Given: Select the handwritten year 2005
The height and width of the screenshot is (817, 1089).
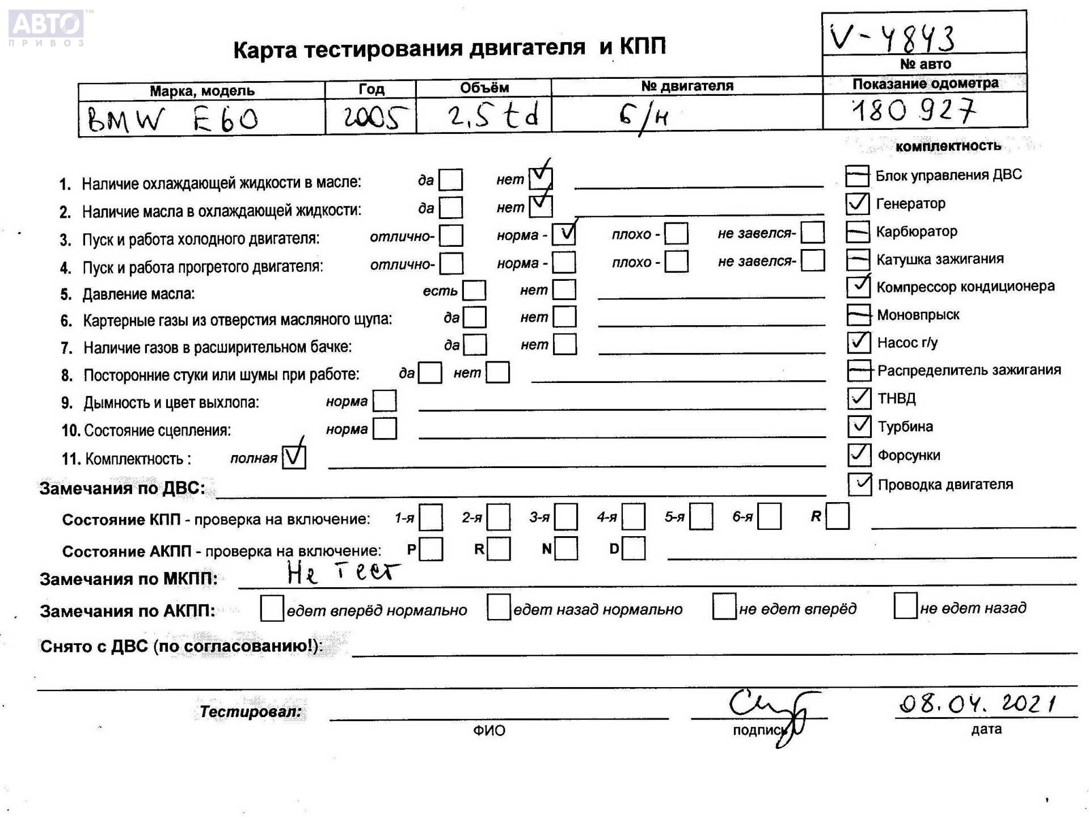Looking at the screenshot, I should point(375,117).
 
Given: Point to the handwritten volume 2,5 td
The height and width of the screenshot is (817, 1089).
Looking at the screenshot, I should point(492,116).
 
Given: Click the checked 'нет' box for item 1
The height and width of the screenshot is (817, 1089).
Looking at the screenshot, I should point(540,179).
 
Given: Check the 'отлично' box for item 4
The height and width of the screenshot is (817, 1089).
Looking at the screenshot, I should point(451,263).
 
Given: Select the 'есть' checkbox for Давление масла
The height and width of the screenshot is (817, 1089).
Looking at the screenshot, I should point(474,290).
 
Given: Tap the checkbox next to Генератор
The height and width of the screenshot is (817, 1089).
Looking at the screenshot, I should point(857,204).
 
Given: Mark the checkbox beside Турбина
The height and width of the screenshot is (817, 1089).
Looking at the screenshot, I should point(859,426).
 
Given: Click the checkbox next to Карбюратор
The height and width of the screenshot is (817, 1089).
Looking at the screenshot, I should point(858,231).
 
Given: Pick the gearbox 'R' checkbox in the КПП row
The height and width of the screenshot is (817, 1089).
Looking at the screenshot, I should point(837,516).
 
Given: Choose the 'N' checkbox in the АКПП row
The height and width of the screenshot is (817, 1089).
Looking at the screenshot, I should point(566,549).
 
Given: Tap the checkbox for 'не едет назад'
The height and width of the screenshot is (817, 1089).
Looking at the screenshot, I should point(905,607).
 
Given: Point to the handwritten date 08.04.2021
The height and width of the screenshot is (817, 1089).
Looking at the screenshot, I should point(977,704).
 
